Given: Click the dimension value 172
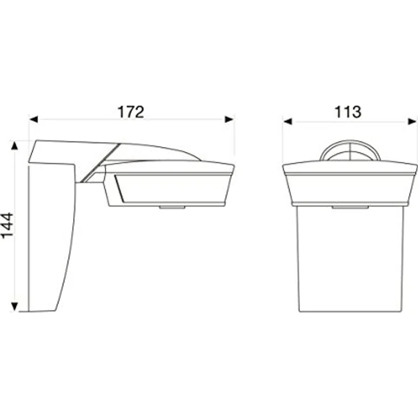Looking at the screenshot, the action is coord(131,112).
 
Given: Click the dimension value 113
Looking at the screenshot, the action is coord(348,112).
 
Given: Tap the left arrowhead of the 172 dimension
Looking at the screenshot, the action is coord(34,119).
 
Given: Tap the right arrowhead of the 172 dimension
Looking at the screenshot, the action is coord(229,119).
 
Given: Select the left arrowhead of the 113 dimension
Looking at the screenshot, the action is coord(288,122).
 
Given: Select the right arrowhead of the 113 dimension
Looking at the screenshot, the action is coord(412,122).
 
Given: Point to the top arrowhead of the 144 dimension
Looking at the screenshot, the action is coord(14,145).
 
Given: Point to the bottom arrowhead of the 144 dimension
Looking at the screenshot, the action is coord(14,307).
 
